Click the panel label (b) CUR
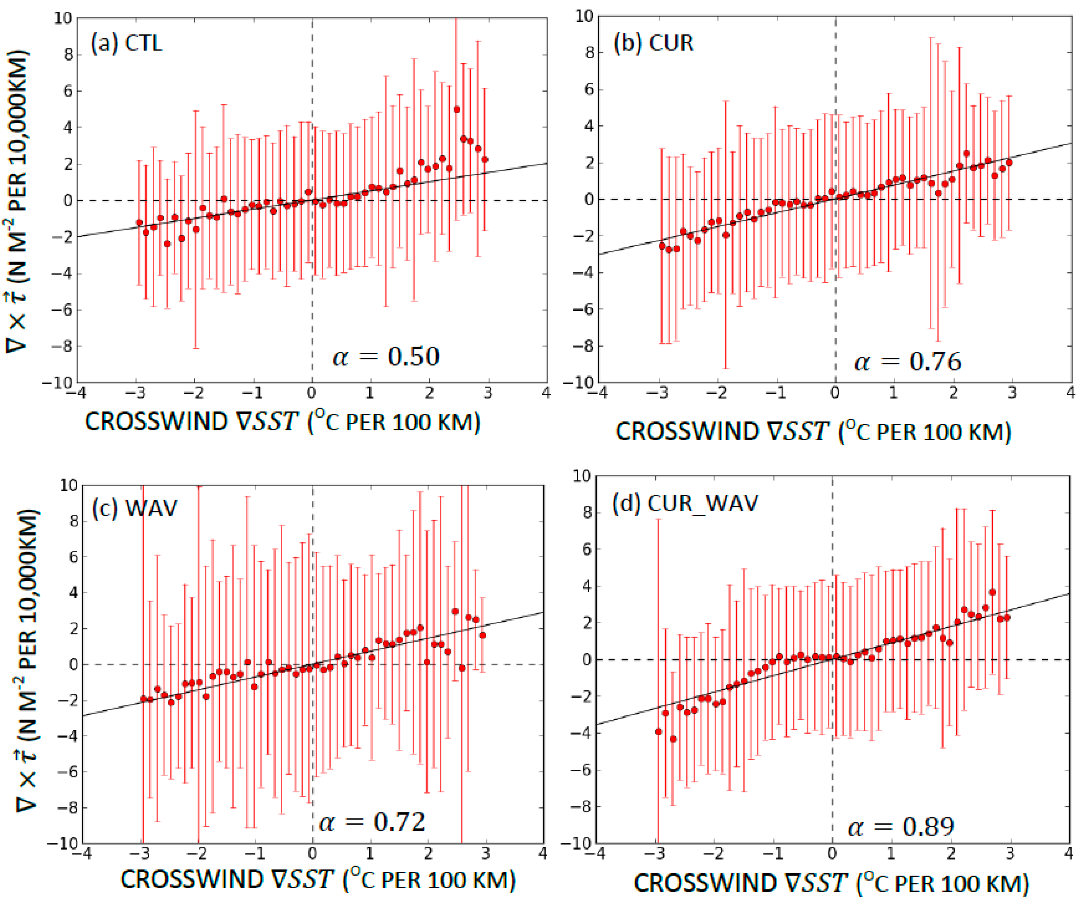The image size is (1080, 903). (653, 42)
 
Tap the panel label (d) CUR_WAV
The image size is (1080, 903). (685, 503)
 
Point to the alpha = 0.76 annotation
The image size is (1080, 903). (908, 361)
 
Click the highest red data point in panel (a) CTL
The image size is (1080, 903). (457, 110)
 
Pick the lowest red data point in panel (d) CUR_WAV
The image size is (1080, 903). (673, 739)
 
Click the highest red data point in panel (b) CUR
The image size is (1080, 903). (966, 154)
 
